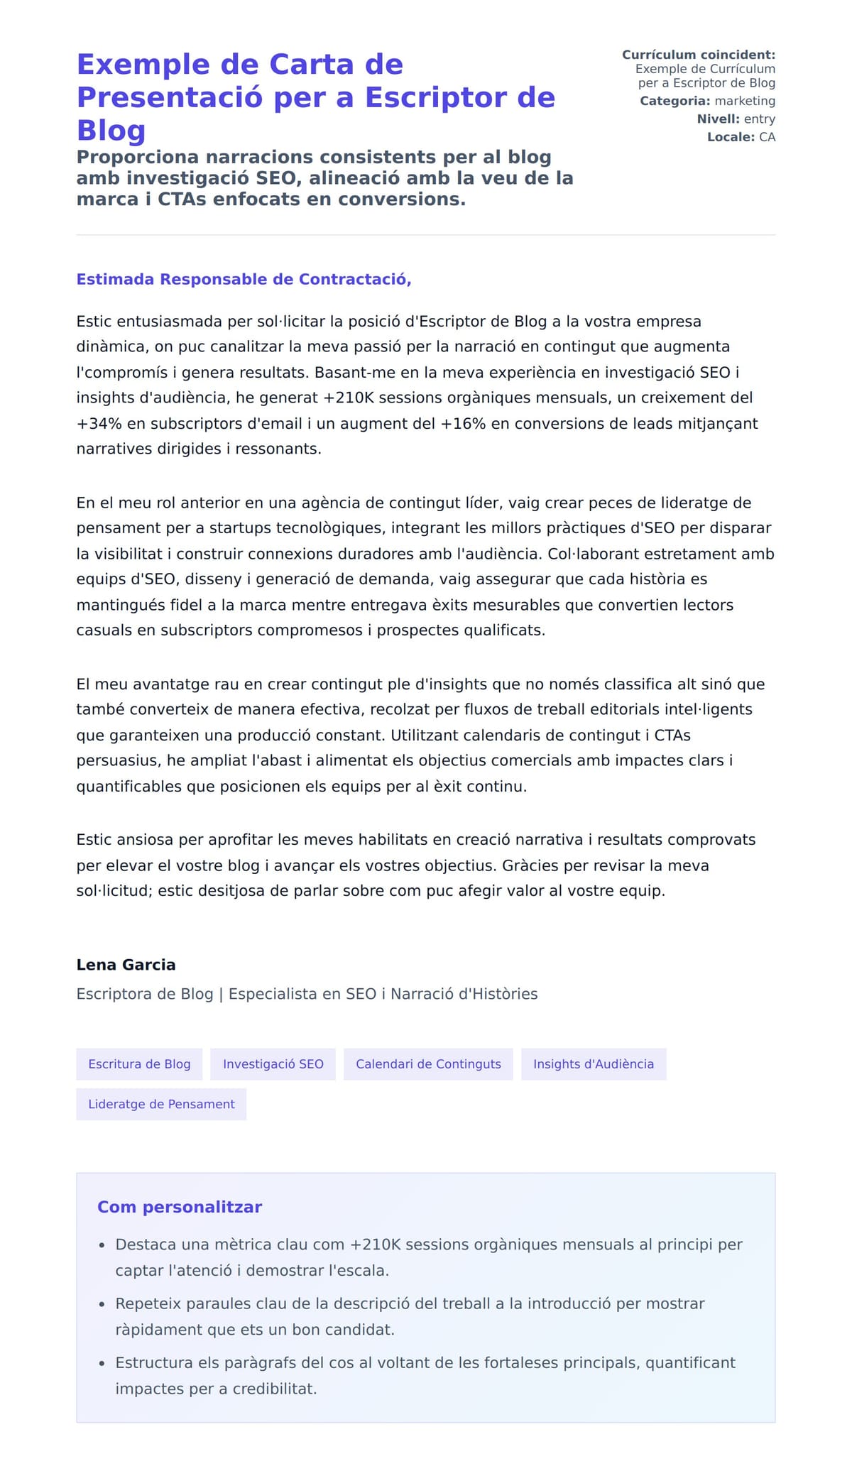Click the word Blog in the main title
[x=111, y=131]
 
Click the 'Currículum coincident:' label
[x=698, y=55]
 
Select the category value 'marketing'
[x=744, y=101]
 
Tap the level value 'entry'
[x=759, y=119]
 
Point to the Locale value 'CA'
[x=767, y=136]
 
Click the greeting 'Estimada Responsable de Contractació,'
[x=244, y=279]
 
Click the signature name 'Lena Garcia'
[x=126, y=965]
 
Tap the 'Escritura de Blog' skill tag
[x=139, y=1063]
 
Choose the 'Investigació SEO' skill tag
[x=273, y=1063]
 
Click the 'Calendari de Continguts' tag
[x=428, y=1063]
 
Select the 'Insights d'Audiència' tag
[x=593, y=1063]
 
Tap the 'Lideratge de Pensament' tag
[x=161, y=1104]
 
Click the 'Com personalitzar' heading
[x=180, y=1207]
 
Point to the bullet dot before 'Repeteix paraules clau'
[x=102, y=1305]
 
